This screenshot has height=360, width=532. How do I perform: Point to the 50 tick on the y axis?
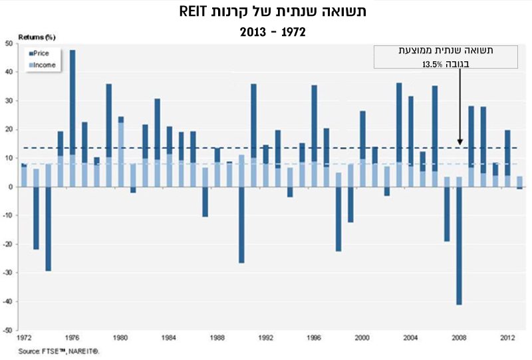pos(9,43)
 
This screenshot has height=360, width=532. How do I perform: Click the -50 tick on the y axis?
pos(8,331)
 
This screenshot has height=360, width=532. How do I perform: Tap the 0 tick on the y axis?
pos(11,187)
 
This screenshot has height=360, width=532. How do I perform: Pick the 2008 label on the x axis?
pos(459,338)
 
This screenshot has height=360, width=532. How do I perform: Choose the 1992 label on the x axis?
pos(265,338)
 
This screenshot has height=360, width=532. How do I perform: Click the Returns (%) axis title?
pos(37,37)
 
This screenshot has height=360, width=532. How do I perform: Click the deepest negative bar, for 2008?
pos(459,246)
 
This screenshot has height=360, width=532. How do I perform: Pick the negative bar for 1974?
pos(48,229)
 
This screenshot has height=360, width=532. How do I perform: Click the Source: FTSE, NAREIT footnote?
pos(59,350)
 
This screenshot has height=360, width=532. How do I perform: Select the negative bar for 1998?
pos(338,219)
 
